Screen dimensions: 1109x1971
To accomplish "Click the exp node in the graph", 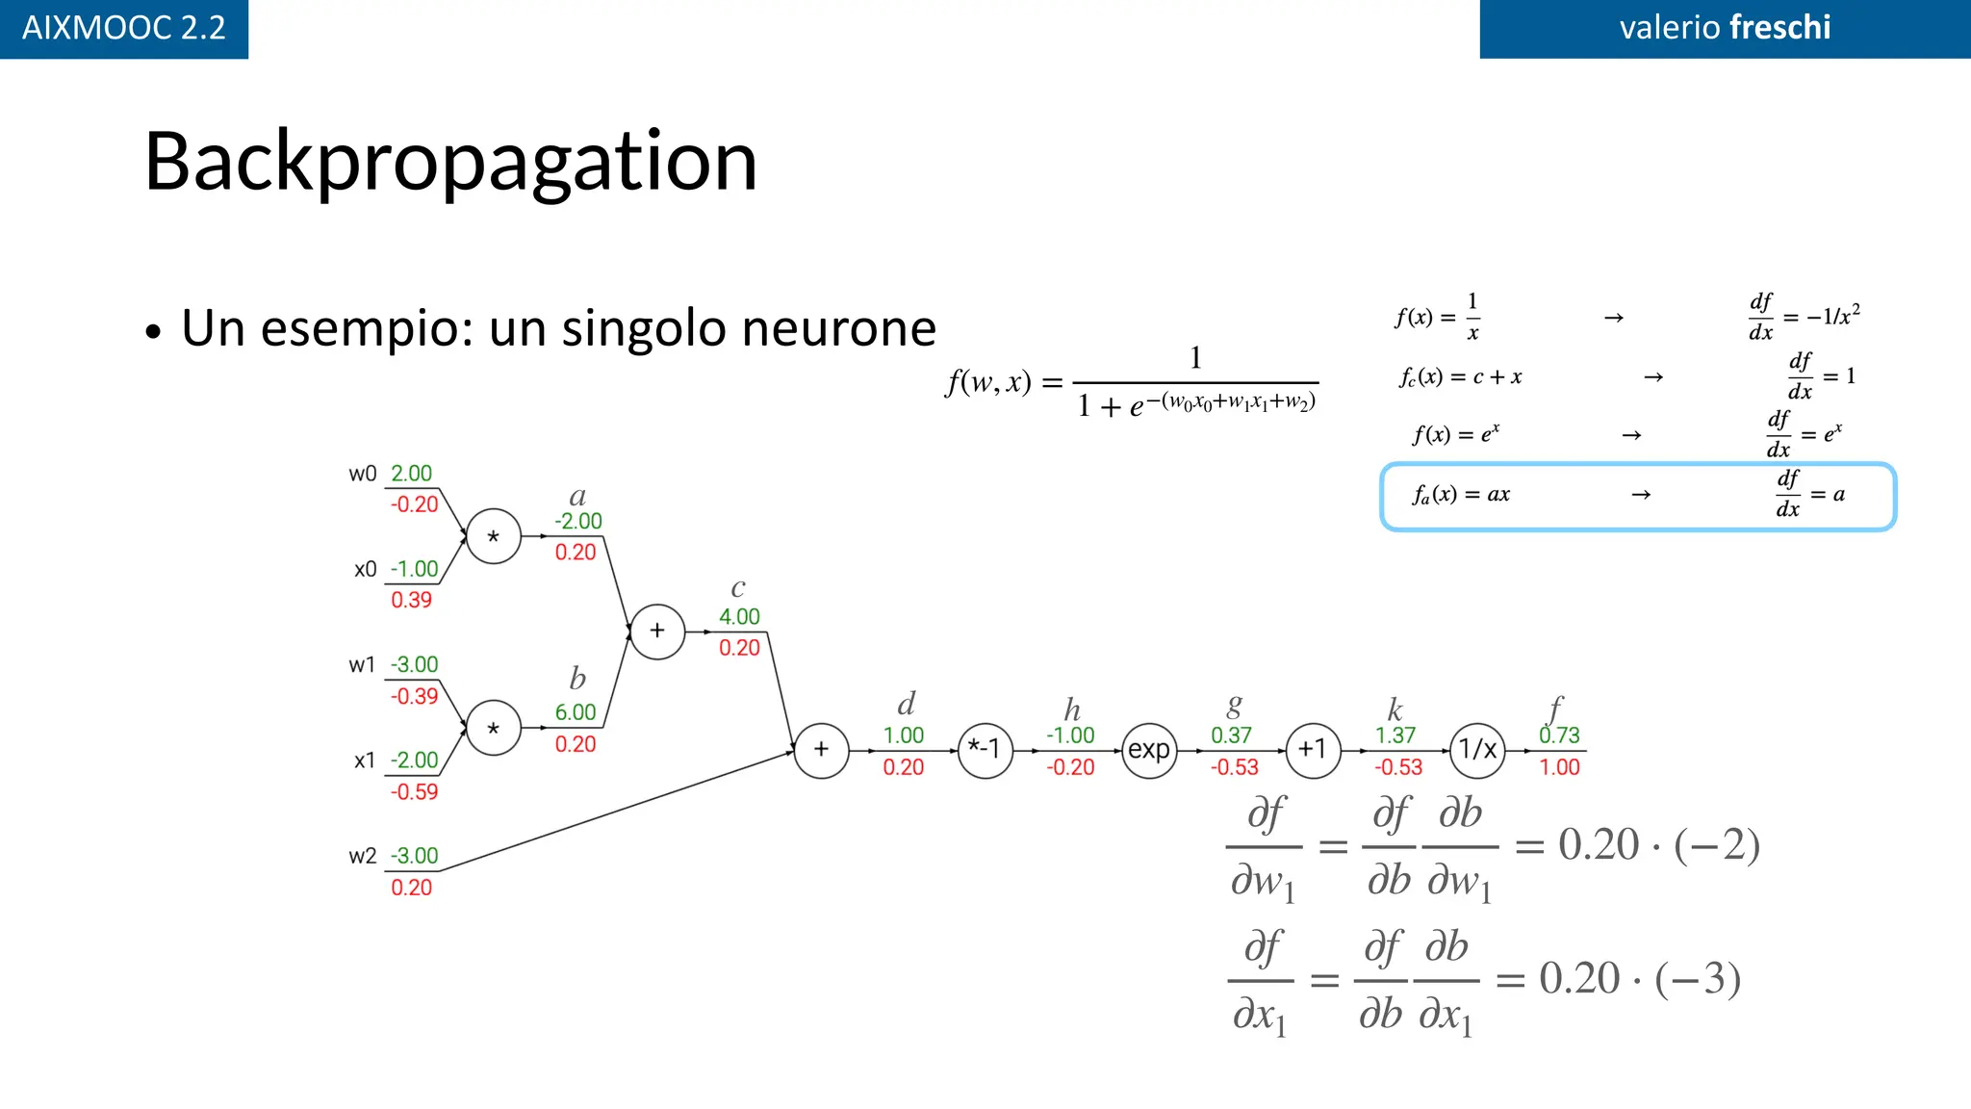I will coord(1149,750).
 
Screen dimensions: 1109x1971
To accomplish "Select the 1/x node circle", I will coord(1477,750).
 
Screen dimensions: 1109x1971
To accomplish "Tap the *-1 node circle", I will coord(985,750).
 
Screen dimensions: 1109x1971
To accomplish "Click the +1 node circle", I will coord(1313,750).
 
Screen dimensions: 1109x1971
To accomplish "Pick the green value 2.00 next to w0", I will coord(411,474).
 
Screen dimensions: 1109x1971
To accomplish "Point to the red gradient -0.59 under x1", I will coord(414,792).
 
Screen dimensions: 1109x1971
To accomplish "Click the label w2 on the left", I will coord(363,856).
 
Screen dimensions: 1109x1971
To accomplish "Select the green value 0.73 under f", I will coord(1559,735).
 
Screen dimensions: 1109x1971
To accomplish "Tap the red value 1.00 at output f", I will coord(1559,767).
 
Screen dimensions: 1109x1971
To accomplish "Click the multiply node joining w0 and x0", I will coord(494,536).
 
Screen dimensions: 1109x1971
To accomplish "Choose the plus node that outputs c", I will coord(657,632).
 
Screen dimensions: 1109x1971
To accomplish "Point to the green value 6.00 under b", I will coord(576,712).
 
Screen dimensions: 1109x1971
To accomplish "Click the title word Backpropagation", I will coord(450,161).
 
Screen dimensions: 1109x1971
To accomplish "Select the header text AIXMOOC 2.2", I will coord(124,28).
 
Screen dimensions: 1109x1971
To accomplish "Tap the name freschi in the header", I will coord(1779,28).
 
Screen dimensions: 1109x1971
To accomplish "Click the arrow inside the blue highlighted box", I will coord(1641,495).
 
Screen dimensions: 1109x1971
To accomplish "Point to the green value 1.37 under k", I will coord(1395,735).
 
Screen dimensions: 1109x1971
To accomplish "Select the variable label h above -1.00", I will coord(1072,710).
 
